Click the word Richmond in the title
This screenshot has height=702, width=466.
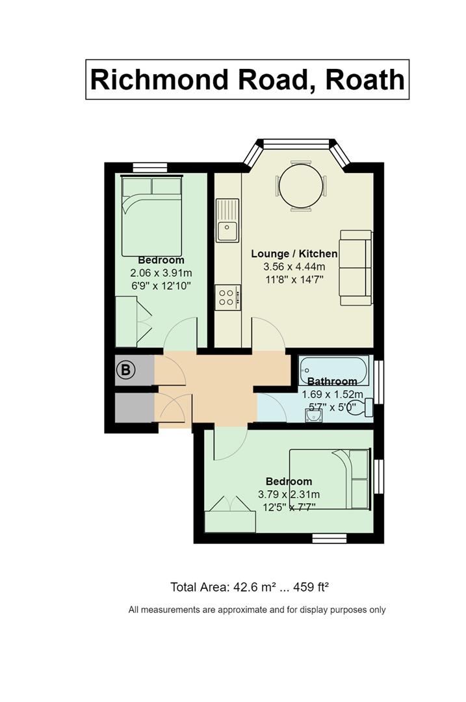coord(159,80)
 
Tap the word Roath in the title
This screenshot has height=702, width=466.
coord(365,80)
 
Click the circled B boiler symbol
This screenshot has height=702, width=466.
coord(126,370)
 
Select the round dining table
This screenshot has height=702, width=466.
coord(300,186)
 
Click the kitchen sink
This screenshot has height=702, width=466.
coord(227,220)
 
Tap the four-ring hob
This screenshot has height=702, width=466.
coord(227,298)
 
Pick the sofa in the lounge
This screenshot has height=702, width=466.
coord(356,267)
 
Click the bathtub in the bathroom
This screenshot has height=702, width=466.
coord(334,370)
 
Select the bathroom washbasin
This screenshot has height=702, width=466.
coord(315,417)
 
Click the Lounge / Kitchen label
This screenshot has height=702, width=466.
coord(294,254)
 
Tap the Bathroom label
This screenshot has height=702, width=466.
coord(332,382)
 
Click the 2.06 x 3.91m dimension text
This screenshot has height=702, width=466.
coord(161,272)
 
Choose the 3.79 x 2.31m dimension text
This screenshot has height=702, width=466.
coord(289,495)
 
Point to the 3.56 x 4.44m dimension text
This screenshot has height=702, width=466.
coord(294,267)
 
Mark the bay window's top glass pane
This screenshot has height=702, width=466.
coord(296,144)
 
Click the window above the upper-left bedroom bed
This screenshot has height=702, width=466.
coord(150,167)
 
